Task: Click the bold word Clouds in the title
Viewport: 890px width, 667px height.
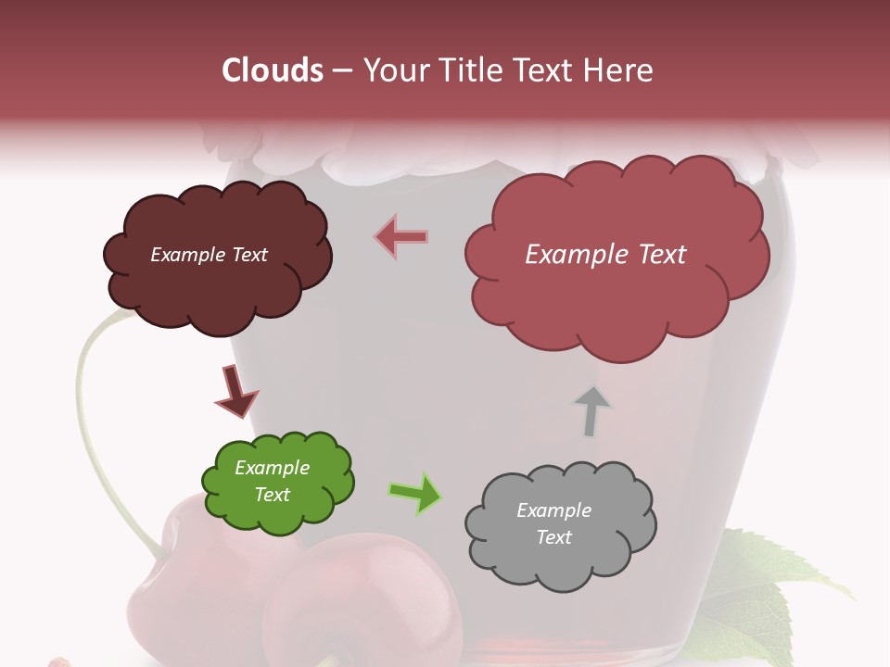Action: click(273, 70)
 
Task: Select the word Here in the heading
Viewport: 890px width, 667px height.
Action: click(620, 70)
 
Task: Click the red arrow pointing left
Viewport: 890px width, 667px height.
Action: click(400, 237)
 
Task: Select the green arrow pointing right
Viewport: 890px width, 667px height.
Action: click(415, 493)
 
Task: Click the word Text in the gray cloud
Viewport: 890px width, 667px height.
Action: click(553, 537)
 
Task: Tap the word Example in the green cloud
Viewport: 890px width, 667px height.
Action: click(272, 468)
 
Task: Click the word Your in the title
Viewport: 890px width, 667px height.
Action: click(392, 70)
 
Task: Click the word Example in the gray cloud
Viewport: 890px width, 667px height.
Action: click(553, 510)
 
